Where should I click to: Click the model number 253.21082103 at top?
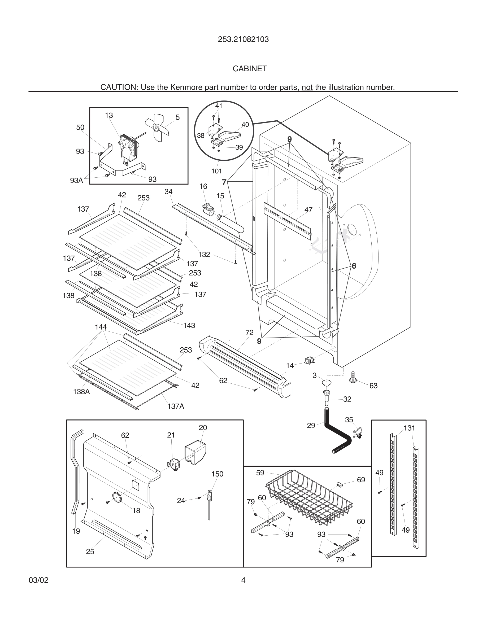tap(243, 39)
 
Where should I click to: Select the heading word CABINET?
tap(250, 69)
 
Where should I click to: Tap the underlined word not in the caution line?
tap(307, 87)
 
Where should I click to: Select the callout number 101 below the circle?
tap(216, 171)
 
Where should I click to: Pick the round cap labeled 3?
tap(327, 383)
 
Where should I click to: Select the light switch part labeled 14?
tap(309, 360)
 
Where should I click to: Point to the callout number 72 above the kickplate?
tap(249, 332)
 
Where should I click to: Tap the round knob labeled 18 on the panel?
tap(117, 497)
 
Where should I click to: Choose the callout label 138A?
tap(81, 391)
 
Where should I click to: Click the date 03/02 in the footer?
tap(38, 580)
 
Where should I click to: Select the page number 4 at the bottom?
tap(243, 580)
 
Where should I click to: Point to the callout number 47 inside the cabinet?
tap(308, 210)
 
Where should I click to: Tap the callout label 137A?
tap(175, 406)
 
